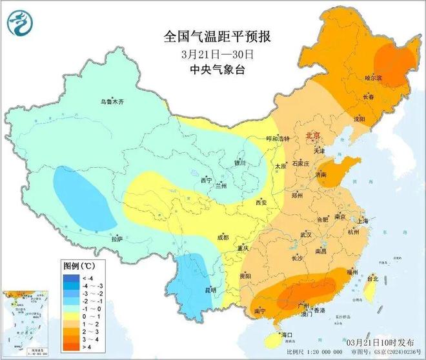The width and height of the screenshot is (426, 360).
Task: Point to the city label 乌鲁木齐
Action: (x=112, y=101)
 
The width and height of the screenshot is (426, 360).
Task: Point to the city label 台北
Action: (x=372, y=279)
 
